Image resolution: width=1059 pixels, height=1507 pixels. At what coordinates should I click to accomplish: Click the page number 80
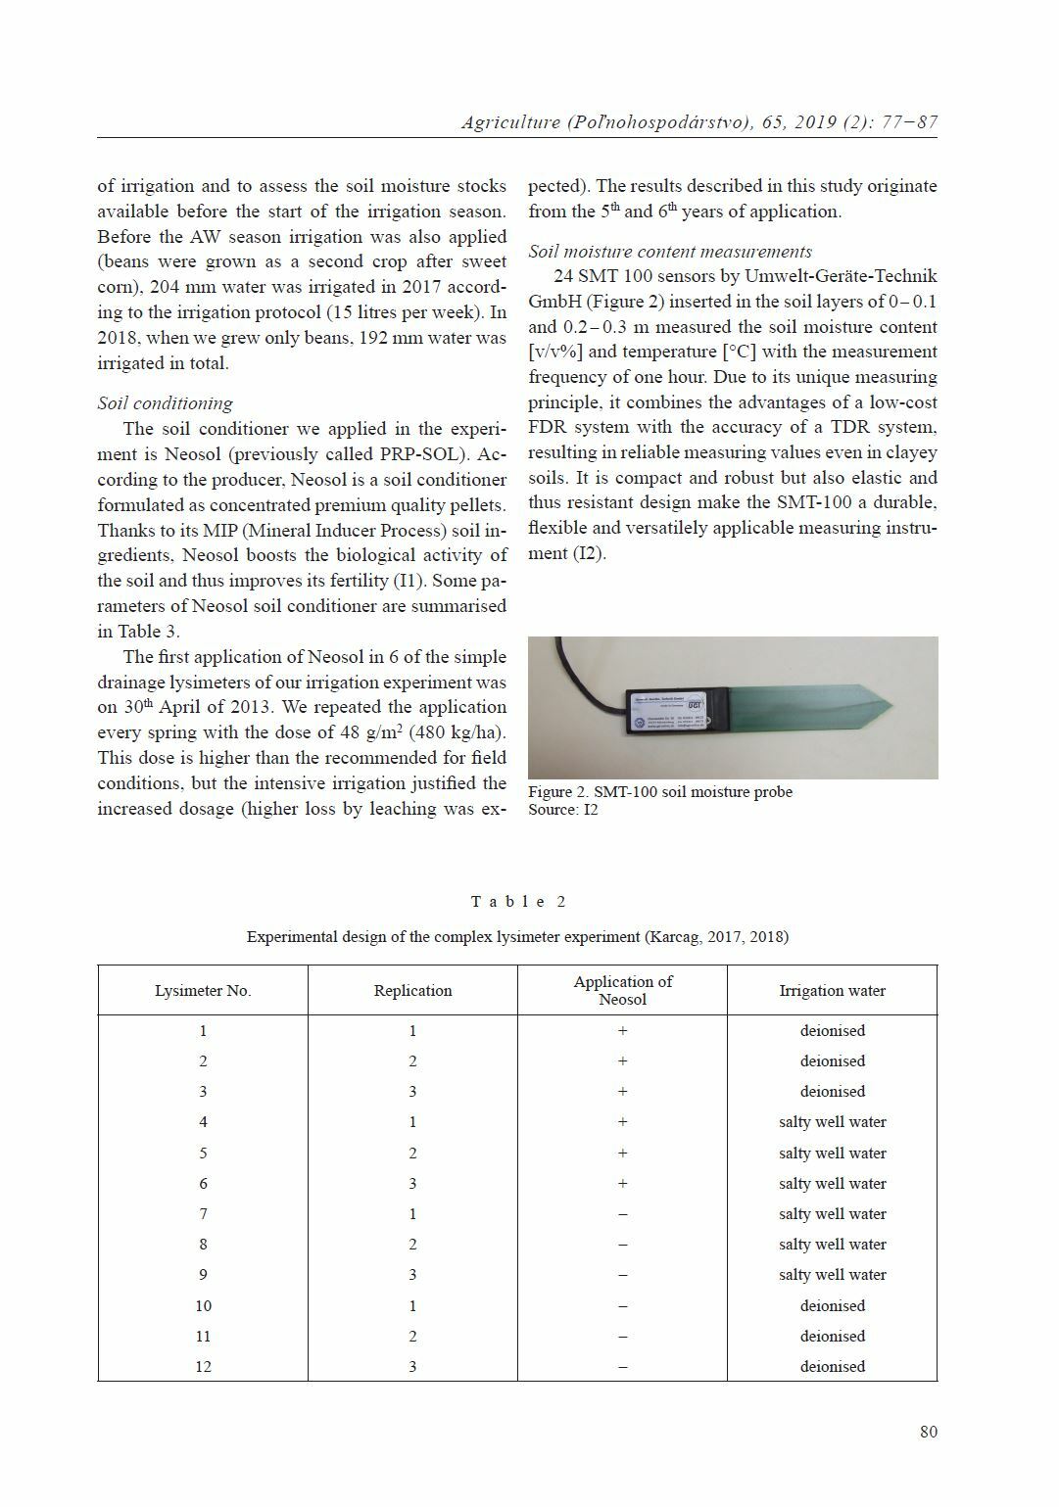(x=928, y=1432)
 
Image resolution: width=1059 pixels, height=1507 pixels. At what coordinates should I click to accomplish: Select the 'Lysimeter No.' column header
(x=203, y=990)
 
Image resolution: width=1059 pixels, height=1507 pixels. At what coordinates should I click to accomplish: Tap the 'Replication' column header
(x=412, y=990)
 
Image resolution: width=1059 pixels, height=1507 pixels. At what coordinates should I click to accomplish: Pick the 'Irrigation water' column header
(x=832, y=990)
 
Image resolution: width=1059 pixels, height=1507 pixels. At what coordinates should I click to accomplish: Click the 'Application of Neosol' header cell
(x=622, y=990)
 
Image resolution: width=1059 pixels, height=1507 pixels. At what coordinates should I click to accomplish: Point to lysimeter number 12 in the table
(x=203, y=1366)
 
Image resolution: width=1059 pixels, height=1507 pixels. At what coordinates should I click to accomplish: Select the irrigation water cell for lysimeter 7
(x=832, y=1214)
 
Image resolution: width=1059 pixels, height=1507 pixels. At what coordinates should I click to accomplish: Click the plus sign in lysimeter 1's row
(x=622, y=1031)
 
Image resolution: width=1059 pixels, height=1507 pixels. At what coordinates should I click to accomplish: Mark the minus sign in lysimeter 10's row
(x=622, y=1306)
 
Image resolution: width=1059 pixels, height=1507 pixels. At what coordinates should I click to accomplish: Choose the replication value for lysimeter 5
(x=412, y=1154)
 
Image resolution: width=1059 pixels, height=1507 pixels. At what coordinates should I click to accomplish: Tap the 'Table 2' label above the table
(x=518, y=902)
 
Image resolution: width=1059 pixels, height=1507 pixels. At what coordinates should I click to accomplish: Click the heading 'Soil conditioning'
(x=165, y=403)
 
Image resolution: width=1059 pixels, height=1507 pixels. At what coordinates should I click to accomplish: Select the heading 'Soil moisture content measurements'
(x=670, y=252)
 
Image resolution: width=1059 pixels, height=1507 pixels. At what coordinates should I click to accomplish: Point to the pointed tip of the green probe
(x=886, y=701)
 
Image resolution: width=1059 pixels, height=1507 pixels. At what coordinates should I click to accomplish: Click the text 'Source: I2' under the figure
(x=562, y=810)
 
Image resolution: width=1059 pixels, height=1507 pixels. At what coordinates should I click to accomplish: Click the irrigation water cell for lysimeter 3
(x=832, y=1092)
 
